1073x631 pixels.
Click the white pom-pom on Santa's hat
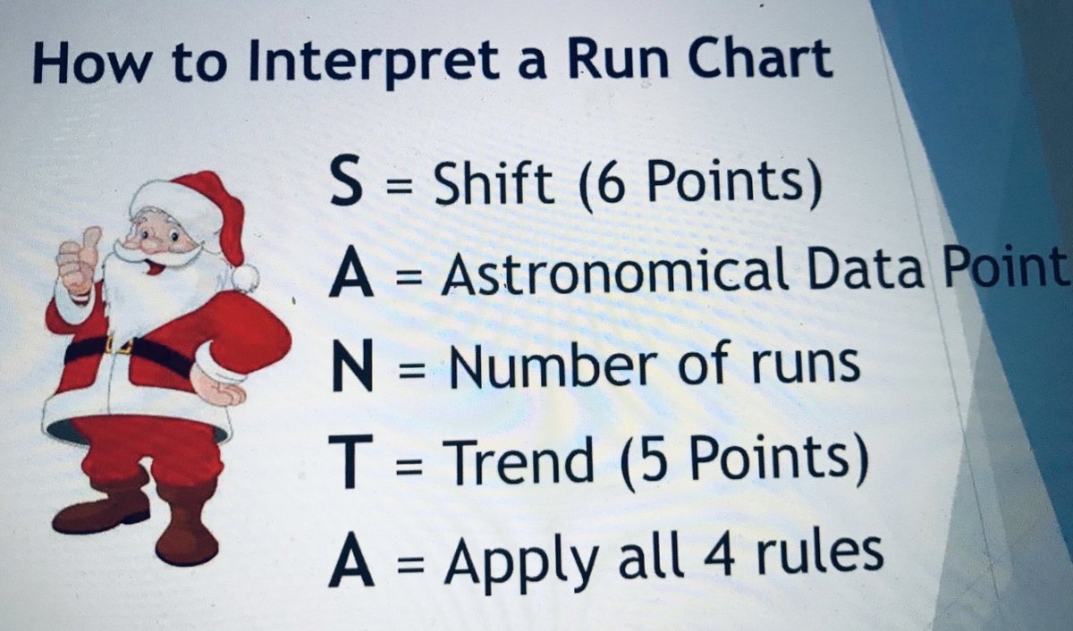(243, 277)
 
